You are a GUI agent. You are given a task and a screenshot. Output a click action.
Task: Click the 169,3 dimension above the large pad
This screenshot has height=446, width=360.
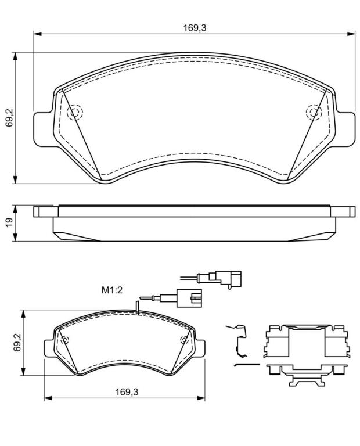tap(195, 28)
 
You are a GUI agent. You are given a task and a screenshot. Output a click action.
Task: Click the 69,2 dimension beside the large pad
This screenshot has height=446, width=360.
tap(9, 117)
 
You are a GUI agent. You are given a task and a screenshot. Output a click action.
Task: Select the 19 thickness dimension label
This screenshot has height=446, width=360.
tap(9, 222)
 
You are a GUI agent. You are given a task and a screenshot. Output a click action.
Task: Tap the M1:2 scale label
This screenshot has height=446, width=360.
tap(112, 290)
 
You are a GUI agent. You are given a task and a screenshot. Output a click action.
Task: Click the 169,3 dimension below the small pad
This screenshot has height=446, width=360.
tap(127, 392)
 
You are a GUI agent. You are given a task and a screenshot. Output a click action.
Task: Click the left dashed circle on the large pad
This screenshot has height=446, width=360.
tap(75, 112)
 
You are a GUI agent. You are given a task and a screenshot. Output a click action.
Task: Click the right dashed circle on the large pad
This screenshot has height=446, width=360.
tap(314, 112)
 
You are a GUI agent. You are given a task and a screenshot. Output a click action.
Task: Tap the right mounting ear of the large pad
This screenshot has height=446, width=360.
tap(345, 130)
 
